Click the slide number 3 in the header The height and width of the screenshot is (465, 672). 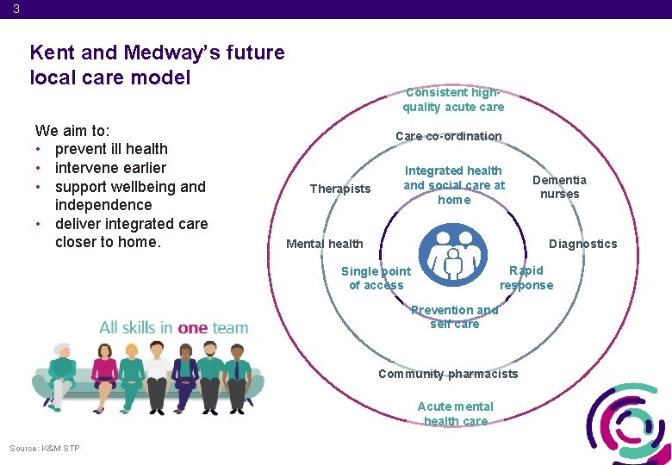click(16, 9)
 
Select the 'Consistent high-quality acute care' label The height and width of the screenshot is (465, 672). click(453, 100)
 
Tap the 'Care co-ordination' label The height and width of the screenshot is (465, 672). click(448, 136)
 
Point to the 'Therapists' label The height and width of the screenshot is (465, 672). click(339, 189)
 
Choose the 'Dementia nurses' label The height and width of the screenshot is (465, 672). click(559, 187)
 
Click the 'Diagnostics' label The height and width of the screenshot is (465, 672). click(582, 244)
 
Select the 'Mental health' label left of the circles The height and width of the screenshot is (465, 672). click(324, 244)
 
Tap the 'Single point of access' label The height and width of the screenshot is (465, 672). click(376, 278)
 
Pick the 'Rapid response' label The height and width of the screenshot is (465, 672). click(526, 278)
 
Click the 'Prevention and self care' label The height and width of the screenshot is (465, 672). click(454, 317)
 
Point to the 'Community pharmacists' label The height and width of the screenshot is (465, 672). click(448, 374)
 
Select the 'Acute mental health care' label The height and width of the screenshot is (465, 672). click(455, 413)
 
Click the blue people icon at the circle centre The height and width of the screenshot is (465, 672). click(452, 254)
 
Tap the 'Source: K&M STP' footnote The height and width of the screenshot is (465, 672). click(45, 448)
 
